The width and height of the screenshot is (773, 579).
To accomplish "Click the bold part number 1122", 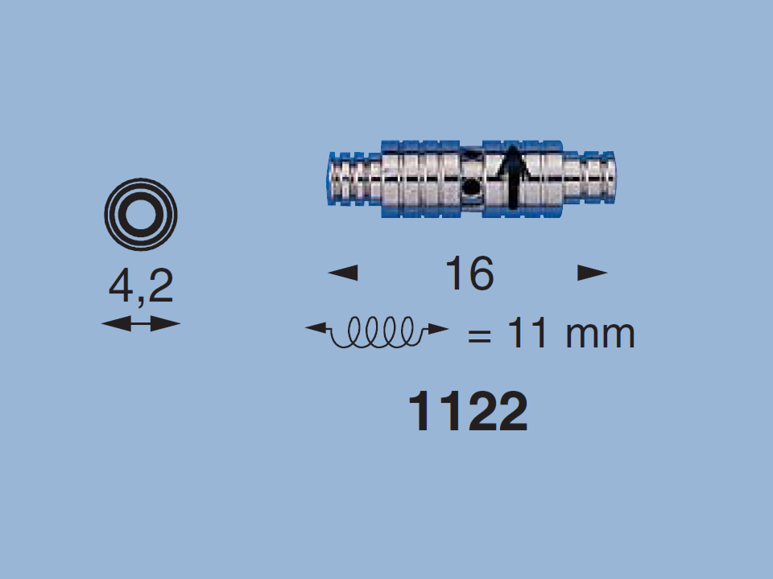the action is [x=469, y=412].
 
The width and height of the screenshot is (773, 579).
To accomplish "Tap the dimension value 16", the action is [x=469, y=273].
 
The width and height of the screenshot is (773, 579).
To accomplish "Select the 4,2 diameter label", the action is [x=141, y=286].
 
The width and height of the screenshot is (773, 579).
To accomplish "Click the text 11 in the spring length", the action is [x=527, y=333].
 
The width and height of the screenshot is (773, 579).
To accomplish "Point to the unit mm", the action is [x=600, y=335].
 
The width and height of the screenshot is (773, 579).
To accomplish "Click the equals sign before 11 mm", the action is [x=479, y=336].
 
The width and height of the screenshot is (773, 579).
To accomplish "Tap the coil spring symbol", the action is [x=378, y=332].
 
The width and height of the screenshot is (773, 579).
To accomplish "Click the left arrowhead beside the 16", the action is [x=343, y=273].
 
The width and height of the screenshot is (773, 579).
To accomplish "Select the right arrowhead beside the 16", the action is [x=593, y=273].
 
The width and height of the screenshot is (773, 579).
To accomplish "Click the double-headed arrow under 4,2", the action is [x=141, y=324].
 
